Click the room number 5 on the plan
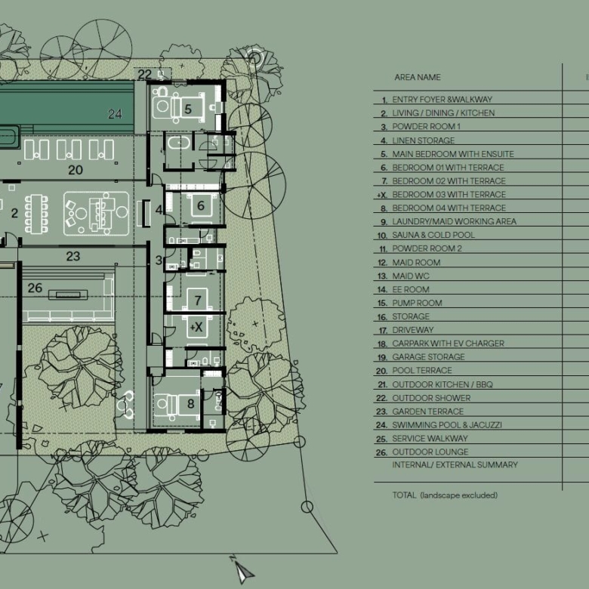[x=188, y=109]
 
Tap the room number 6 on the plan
[x=201, y=205]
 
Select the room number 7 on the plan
[x=198, y=300]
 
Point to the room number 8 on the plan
[x=191, y=404]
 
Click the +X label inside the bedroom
[x=196, y=327]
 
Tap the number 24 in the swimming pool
[x=115, y=114]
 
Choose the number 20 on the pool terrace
[x=76, y=170]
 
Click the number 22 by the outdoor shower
[x=145, y=74]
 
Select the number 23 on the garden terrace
[x=73, y=256]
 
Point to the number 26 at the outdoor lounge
[x=35, y=288]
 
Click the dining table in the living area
[x=36, y=214]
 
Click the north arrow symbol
[x=243, y=571]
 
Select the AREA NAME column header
[x=418, y=77]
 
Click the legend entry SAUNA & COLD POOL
[x=433, y=235]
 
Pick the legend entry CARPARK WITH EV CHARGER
[x=448, y=344]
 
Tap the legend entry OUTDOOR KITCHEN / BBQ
[x=443, y=384]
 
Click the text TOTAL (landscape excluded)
[x=445, y=495]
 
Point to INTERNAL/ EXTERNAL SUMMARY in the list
[x=455, y=464]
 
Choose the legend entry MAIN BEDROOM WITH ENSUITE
[x=453, y=154]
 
